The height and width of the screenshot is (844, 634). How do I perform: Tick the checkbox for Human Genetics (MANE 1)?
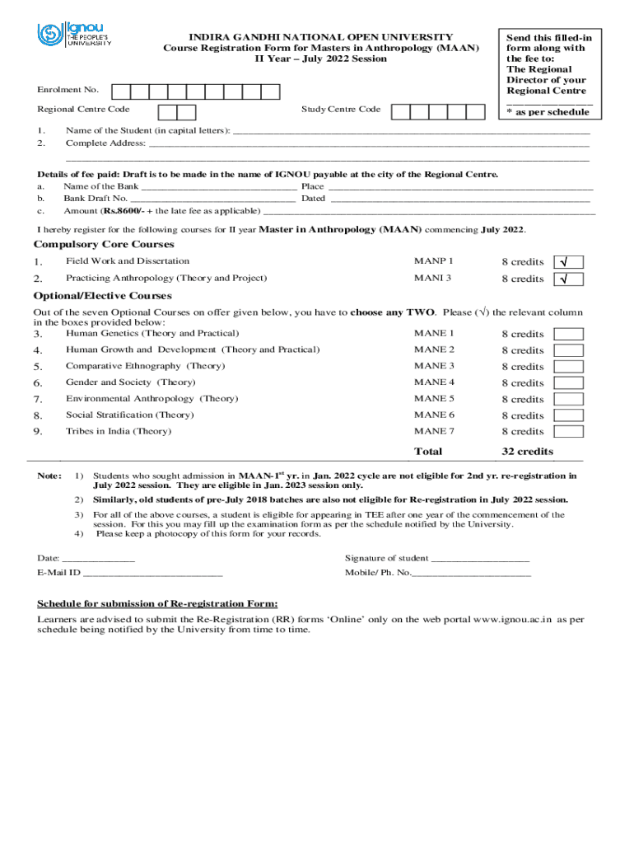pos(568,334)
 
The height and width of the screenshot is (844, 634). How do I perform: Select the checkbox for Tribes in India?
pos(568,431)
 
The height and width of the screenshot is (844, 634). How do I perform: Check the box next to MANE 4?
pos(568,382)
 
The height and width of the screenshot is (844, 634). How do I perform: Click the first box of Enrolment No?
pos(120,91)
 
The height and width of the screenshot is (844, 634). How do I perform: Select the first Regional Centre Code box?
pos(167,111)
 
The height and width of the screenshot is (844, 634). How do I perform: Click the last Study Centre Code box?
pos(477,111)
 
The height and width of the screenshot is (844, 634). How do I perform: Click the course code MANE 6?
pos(434,415)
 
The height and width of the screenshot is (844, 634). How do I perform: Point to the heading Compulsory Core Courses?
pos(104,245)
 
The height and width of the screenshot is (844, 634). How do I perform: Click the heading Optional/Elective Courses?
pos(102,296)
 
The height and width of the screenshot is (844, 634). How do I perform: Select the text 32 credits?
pos(528,452)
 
